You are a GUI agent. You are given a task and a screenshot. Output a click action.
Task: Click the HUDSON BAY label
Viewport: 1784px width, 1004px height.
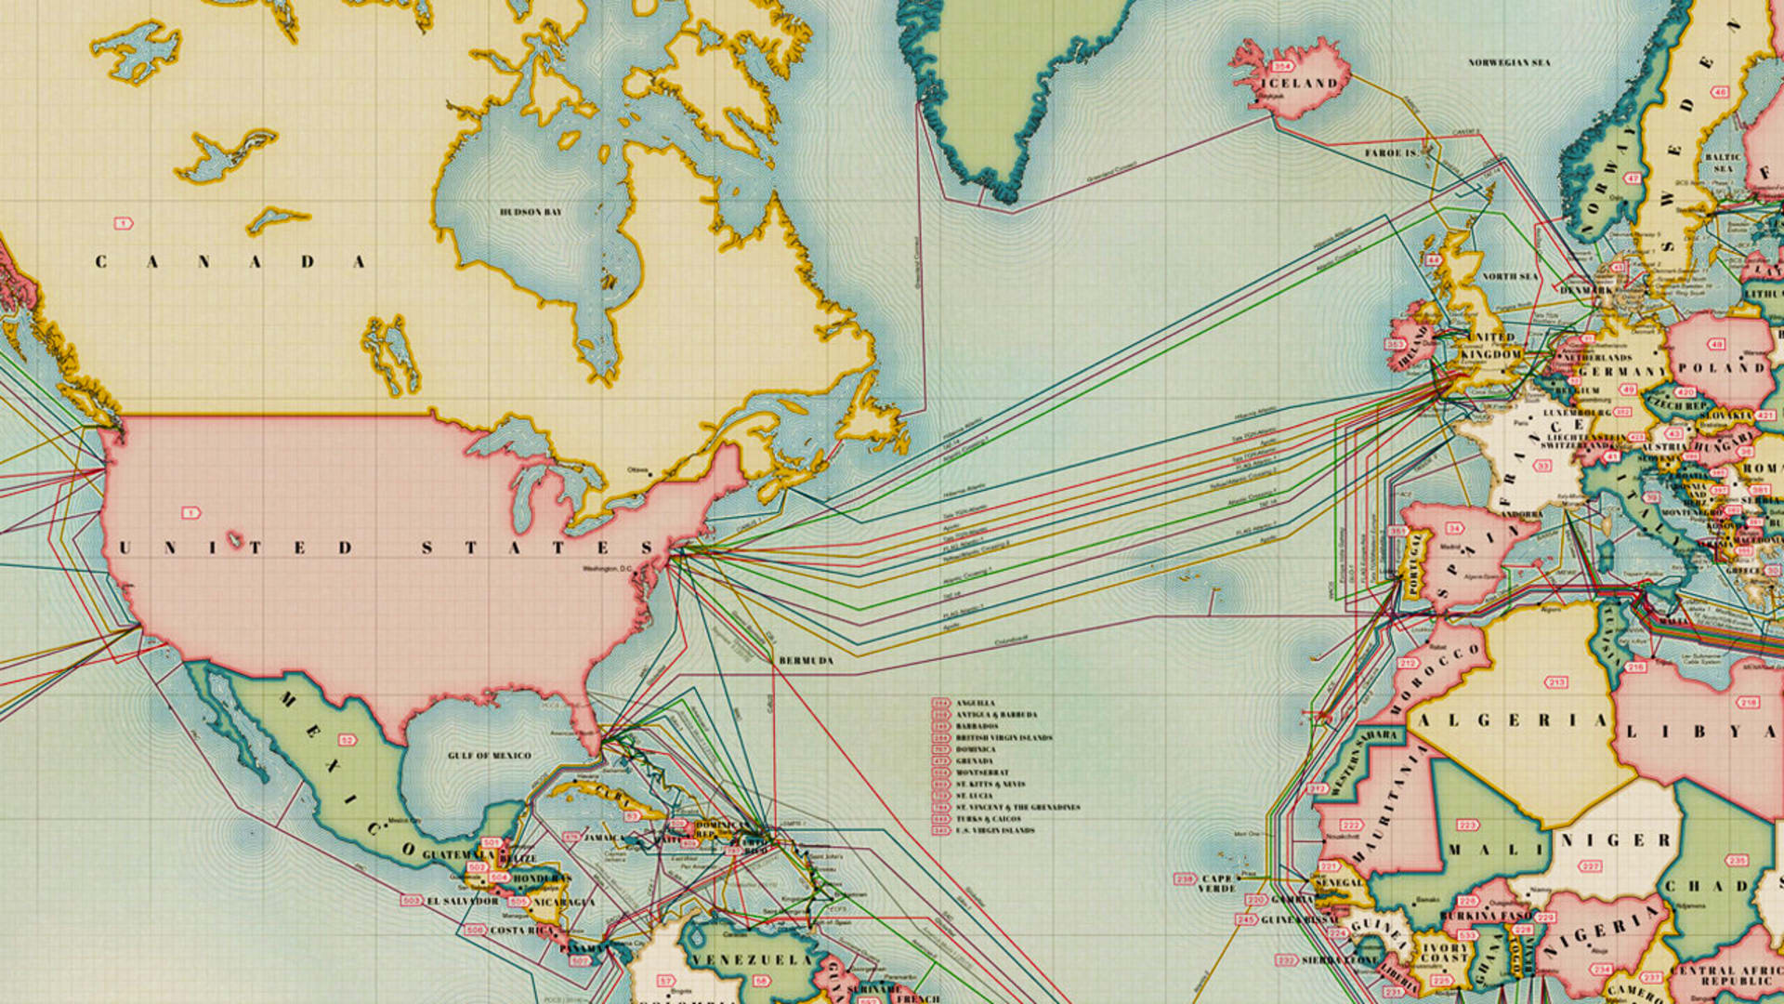[x=531, y=212]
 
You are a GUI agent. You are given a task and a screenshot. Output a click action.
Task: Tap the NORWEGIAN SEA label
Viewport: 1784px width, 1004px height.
[x=1509, y=62]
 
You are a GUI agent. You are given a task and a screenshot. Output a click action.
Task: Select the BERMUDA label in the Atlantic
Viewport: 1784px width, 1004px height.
[x=806, y=660]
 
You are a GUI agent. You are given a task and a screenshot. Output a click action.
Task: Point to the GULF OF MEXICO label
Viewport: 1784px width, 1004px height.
[x=489, y=756]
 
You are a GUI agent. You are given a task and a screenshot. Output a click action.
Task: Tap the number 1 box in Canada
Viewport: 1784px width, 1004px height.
[x=123, y=223]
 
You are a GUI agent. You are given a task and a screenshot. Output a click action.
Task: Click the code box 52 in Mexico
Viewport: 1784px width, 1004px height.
[x=347, y=740]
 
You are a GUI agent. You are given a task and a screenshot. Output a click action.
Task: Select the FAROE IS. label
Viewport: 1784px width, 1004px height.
[x=1391, y=152]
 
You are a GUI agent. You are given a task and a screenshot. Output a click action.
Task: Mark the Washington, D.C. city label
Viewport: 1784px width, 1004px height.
[x=608, y=568]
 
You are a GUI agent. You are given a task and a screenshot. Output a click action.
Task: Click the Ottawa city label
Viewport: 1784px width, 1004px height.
[x=637, y=469]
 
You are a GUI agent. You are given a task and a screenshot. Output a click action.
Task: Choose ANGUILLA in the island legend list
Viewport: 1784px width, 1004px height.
[x=975, y=703]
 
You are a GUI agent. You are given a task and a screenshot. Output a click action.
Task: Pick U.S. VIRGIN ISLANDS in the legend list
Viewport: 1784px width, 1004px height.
[x=995, y=830]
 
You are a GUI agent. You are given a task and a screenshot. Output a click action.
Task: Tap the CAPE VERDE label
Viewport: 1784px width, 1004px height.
[x=1217, y=883]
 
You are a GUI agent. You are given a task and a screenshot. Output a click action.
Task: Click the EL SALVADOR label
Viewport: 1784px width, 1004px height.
[x=463, y=901]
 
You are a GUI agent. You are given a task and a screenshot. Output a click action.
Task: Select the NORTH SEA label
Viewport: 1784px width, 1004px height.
[x=1510, y=276]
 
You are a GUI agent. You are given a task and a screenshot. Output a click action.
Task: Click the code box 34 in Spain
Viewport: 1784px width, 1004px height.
[x=1454, y=528]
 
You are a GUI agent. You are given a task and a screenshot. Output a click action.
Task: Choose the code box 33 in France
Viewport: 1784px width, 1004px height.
[x=1543, y=466]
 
